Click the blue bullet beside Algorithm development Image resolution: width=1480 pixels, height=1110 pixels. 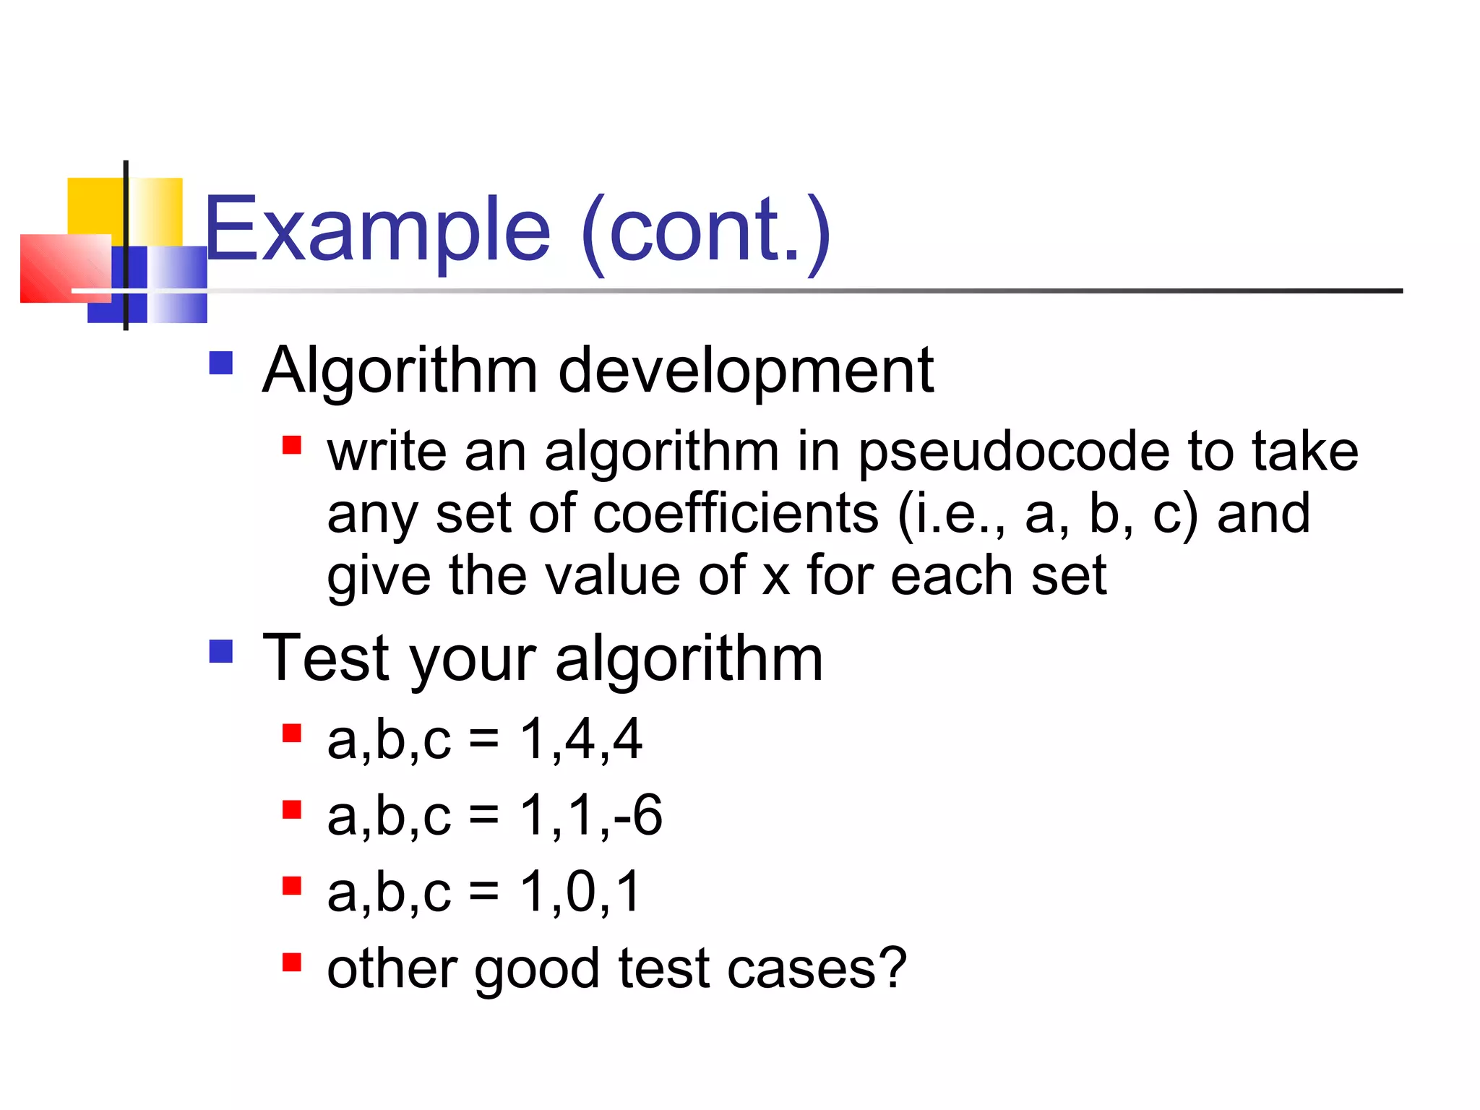(x=220, y=363)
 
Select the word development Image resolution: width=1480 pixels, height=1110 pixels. (x=746, y=370)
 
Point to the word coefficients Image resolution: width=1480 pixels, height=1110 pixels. (x=736, y=514)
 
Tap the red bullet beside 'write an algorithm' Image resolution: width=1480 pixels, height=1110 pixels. (x=291, y=444)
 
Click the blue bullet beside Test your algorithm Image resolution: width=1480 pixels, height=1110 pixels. (x=220, y=651)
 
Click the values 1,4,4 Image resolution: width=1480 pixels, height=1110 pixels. (x=581, y=739)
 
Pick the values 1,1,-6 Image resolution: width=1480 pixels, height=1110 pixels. (x=591, y=815)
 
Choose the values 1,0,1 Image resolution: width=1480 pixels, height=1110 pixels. (x=580, y=892)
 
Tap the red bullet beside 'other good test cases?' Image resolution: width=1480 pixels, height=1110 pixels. (x=291, y=963)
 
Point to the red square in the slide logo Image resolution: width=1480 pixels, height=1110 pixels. (x=61, y=269)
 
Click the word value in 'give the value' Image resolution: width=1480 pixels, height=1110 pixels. (x=611, y=576)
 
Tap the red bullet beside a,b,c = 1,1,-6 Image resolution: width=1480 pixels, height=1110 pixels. (x=291, y=809)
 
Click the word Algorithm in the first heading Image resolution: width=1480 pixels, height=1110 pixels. (x=400, y=370)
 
